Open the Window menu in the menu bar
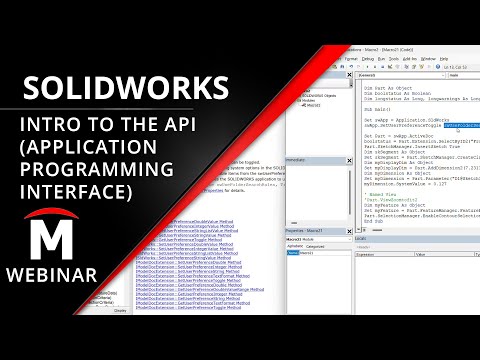[x=427, y=58]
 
